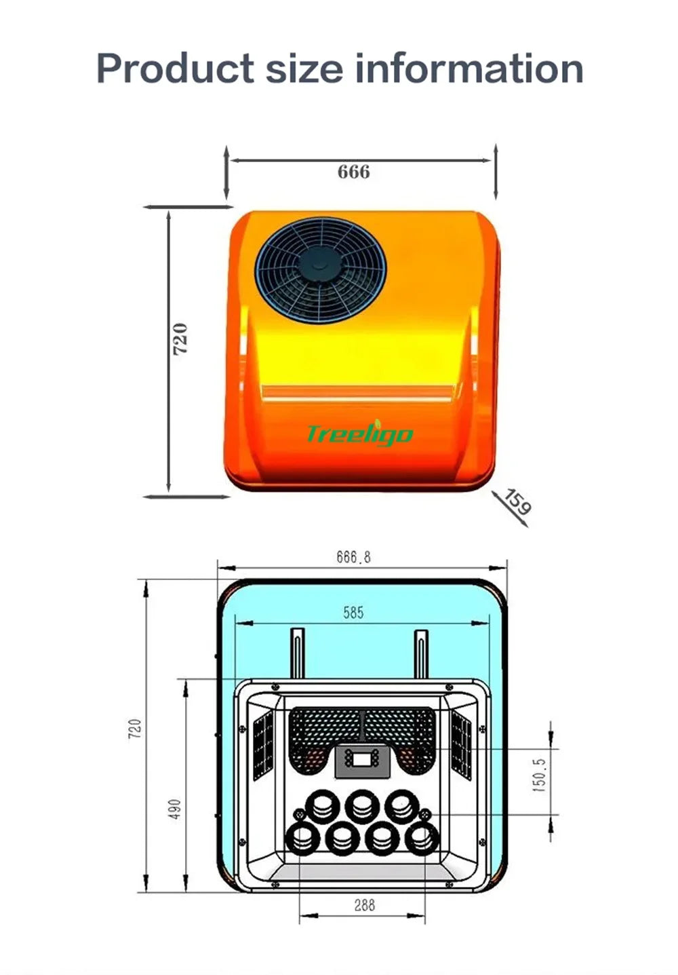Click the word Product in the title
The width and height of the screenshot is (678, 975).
pos(175,69)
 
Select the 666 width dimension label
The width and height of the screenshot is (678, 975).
pos(354,172)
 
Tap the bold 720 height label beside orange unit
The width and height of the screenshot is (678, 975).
pos(180,339)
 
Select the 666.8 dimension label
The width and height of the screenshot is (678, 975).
pos(354,557)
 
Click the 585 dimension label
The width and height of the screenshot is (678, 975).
pos(353,613)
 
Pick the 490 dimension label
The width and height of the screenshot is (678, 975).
pos(175,809)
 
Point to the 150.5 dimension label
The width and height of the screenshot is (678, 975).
pos(539,775)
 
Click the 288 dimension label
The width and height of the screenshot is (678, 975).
pos(364,905)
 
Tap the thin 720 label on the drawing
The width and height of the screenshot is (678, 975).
pos(136,729)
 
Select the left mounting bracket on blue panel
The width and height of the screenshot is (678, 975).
pos(298,653)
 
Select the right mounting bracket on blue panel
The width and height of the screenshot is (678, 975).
pos(421,653)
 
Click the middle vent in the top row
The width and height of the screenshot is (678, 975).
pos(362,806)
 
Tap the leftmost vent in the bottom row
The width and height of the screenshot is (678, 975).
pos(302,839)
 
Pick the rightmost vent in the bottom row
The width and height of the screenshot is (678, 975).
pos(422,839)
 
